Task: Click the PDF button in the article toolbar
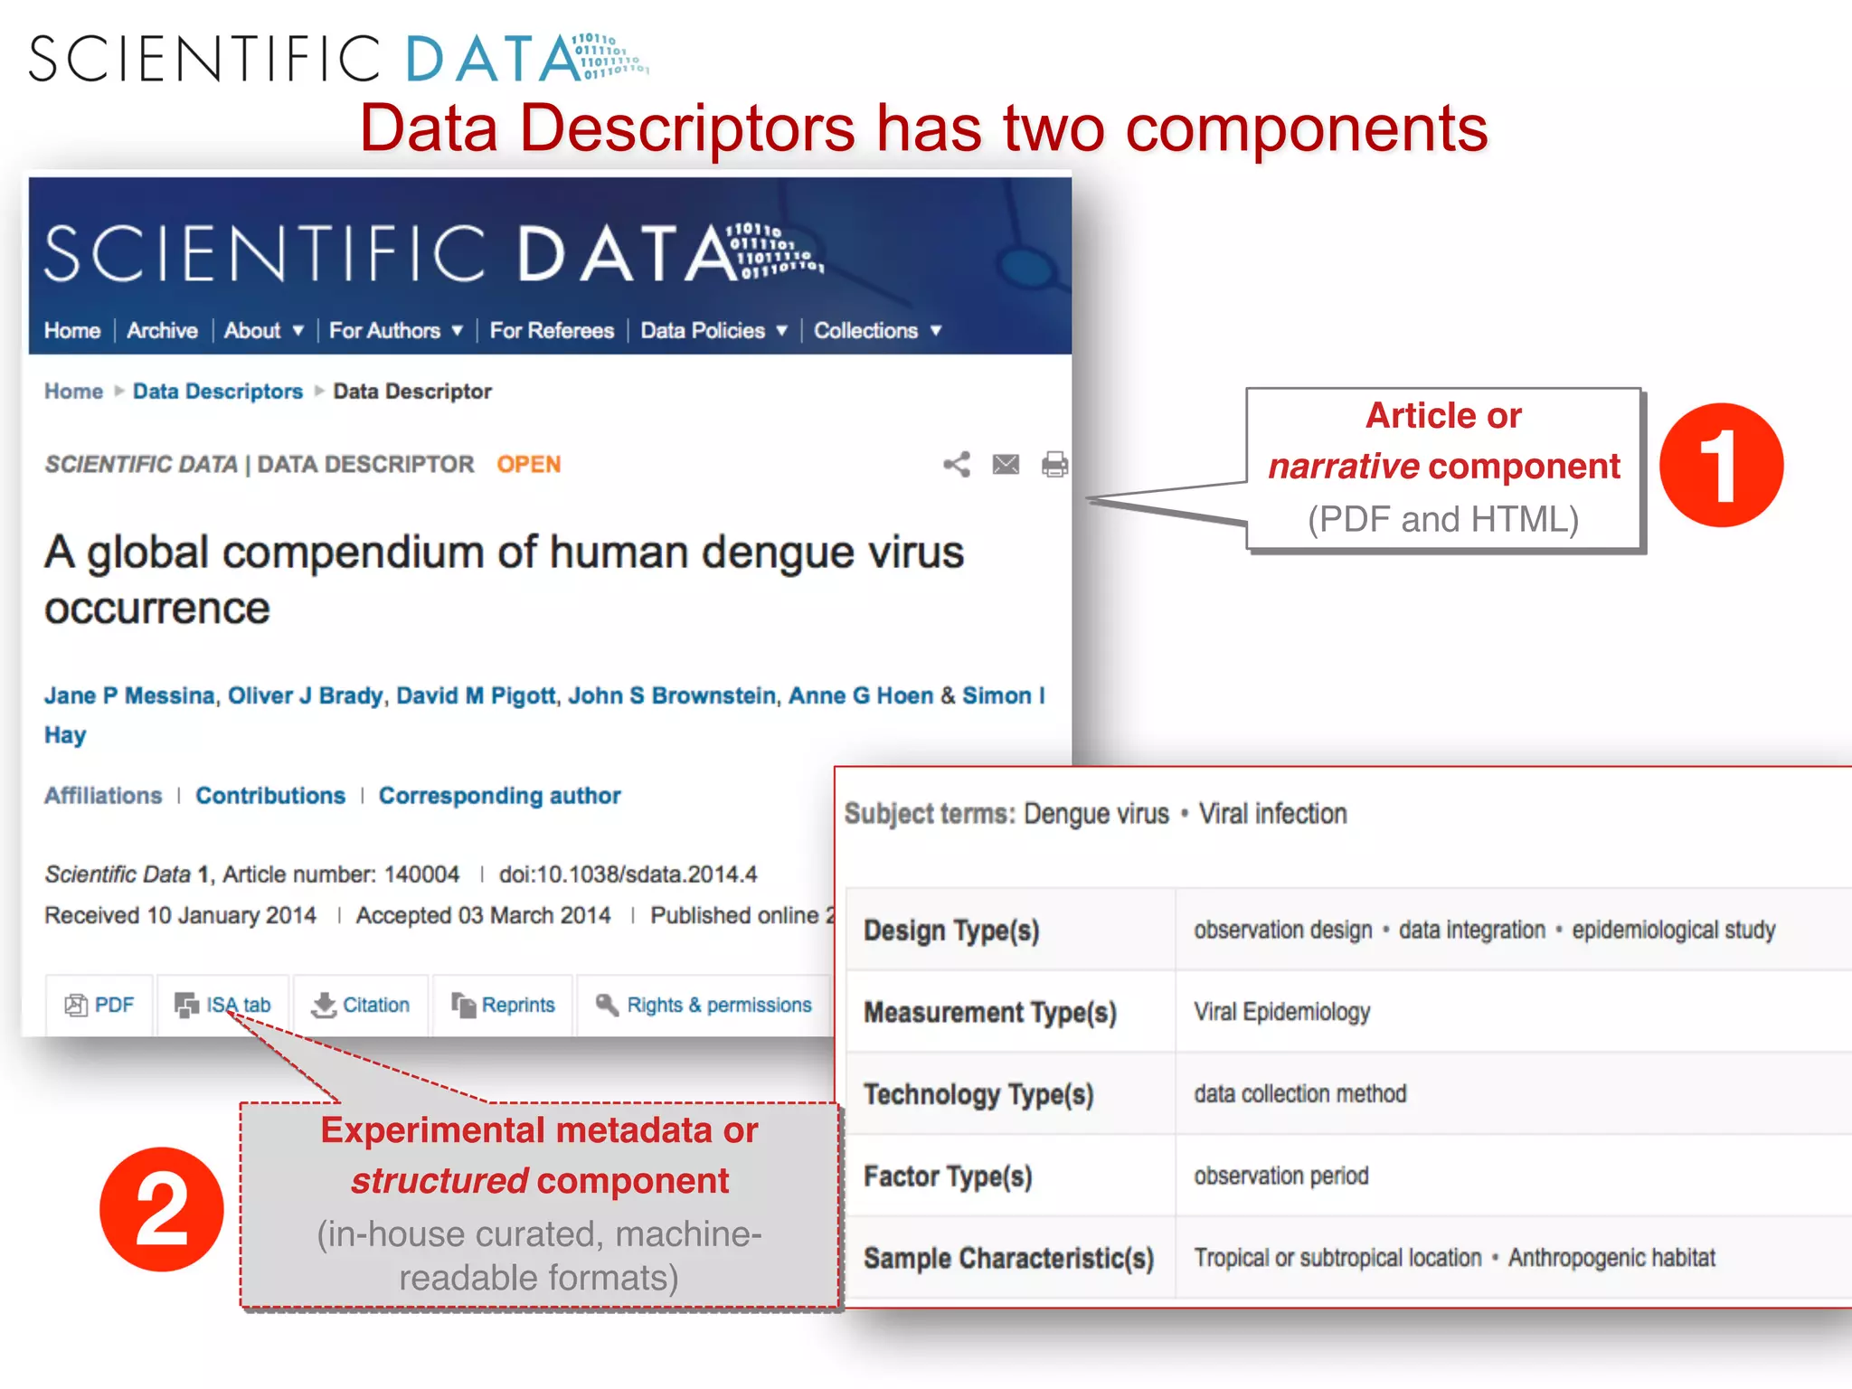coord(99,1005)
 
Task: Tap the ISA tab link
coord(223,1005)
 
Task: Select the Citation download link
coord(361,1005)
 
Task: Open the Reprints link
coord(504,1005)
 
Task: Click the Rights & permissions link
coord(704,1005)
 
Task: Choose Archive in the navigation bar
coord(162,331)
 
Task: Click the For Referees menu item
coord(552,331)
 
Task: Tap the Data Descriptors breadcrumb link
coord(217,392)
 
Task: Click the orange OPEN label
coord(528,464)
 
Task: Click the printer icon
coord(1054,465)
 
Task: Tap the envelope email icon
coord(1006,465)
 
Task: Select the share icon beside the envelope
coord(957,465)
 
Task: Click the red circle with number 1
coord(1721,465)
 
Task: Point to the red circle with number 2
coord(162,1209)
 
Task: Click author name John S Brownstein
coord(672,695)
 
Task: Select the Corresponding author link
coord(499,796)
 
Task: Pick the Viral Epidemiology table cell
coord(1281,1012)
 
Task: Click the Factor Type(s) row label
coord(948,1176)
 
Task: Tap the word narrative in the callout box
coord(1343,467)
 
